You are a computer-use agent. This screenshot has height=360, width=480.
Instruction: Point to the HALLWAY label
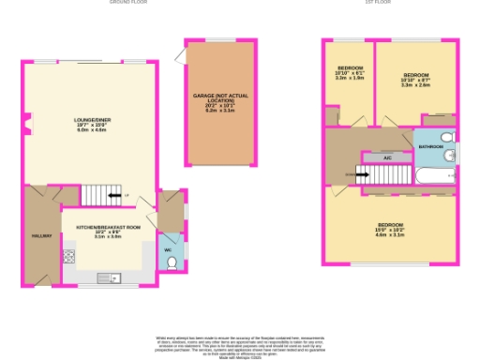tap(41, 235)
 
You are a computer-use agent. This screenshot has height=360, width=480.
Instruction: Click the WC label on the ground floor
tap(167, 250)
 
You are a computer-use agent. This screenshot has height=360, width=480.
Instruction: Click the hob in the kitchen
tap(68, 256)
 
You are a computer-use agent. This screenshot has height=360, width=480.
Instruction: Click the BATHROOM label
tap(431, 147)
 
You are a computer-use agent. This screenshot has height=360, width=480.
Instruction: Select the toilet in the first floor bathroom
tap(447, 156)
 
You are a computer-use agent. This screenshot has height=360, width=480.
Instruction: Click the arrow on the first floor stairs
tap(363, 174)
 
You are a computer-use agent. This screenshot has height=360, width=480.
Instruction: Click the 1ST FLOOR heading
tap(377, 3)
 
